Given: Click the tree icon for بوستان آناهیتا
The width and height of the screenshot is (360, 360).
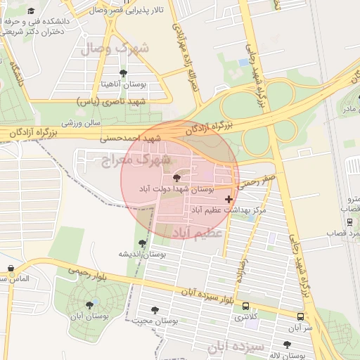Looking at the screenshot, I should (x=124, y=73).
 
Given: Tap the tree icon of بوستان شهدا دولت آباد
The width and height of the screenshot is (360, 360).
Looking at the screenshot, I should (x=176, y=178).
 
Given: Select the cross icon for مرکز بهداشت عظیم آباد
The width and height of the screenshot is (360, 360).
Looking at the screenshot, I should (x=229, y=200).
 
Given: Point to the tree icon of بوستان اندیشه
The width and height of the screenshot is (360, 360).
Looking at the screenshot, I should (x=143, y=243).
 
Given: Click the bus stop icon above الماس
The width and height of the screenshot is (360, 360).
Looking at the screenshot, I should (x=11, y=269).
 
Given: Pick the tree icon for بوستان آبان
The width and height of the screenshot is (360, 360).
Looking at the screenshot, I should (x=89, y=305).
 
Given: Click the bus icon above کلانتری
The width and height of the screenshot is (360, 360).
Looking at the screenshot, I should (x=245, y=307).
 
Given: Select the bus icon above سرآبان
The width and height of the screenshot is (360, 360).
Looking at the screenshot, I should (x=300, y=317).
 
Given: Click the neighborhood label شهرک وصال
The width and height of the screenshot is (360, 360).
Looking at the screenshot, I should (x=115, y=49).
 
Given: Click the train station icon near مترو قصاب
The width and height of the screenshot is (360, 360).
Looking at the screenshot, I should (x=349, y=221).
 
